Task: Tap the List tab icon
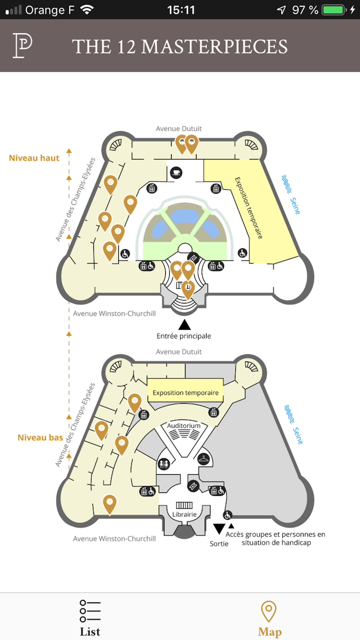pos(90,611)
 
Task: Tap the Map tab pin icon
pos(269,611)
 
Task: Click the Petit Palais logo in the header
pos(22,45)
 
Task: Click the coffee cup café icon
pos(176,172)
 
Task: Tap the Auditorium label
pos(184,425)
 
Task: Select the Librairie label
pos(184,514)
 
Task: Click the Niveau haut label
pos(34,158)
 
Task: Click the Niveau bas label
pos(40,438)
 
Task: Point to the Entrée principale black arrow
pos(184,325)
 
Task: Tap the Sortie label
pos(219,544)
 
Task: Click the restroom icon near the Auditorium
pos(164,464)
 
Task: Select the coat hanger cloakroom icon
pos(204,459)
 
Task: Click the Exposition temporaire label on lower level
pos(185,393)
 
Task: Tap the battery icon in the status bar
pos(334,10)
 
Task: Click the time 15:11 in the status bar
pos(181,10)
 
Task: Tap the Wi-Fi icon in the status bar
pos(87,10)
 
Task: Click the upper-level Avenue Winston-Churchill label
pos(114,314)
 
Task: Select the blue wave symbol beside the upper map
pos(287,184)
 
